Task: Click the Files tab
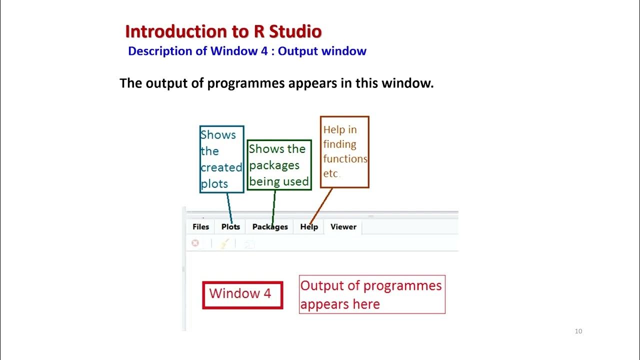(x=200, y=226)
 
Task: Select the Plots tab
(x=230, y=226)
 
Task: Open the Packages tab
(x=270, y=226)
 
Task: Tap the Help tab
(x=309, y=226)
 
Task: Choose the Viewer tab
(x=343, y=226)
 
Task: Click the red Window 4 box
(x=242, y=295)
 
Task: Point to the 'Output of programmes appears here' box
(x=372, y=294)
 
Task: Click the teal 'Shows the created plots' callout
(x=221, y=159)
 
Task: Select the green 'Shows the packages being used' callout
(x=279, y=165)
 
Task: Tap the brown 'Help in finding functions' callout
(x=344, y=151)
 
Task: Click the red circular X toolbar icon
(x=195, y=243)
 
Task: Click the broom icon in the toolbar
(x=224, y=243)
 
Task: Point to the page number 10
(x=578, y=331)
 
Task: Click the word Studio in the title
(x=295, y=31)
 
